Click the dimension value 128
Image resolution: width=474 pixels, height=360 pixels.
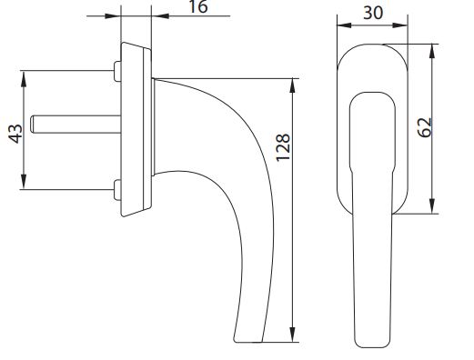(x=283, y=146)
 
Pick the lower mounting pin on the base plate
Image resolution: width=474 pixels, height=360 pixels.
(x=117, y=188)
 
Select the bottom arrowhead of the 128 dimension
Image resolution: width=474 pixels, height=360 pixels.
(x=293, y=338)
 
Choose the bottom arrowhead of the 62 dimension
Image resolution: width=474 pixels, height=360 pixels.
(x=434, y=207)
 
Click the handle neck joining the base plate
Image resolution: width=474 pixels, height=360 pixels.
(x=162, y=91)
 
